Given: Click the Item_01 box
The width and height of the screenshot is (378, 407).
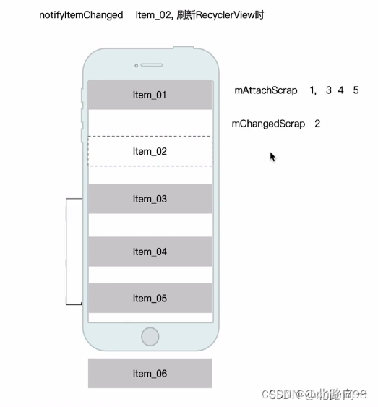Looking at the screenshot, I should [x=150, y=95].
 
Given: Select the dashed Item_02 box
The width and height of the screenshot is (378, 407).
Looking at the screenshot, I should [x=150, y=151].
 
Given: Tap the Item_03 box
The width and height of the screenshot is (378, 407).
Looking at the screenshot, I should [x=150, y=199].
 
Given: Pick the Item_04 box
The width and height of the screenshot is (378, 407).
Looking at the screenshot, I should [x=150, y=252].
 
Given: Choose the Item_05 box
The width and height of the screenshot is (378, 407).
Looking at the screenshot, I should [x=150, y=298].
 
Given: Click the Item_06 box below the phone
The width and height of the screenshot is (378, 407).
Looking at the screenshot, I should [x=150, y=373].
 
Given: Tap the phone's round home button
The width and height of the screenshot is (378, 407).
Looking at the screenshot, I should [x=150, y=336].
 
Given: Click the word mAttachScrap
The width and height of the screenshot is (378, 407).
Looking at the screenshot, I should [x=265, y=91].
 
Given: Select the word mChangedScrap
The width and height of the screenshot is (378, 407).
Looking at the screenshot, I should [x=268, y=124].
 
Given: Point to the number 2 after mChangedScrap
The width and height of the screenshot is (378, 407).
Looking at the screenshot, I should [x=317, y=124].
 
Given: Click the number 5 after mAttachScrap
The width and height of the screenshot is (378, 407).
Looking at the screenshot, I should [x=356, y=91].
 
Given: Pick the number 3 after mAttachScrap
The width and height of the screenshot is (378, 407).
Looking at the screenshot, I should [x=329, y=91].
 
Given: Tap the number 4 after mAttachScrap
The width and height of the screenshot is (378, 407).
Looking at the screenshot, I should [x=340, y=91].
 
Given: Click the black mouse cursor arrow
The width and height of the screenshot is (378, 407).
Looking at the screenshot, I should [x=272, y=157].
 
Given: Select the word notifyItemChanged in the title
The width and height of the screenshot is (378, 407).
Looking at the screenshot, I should [x=81, y=14].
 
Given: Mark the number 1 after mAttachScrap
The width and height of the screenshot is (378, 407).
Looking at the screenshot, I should [x=312, y=91].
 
